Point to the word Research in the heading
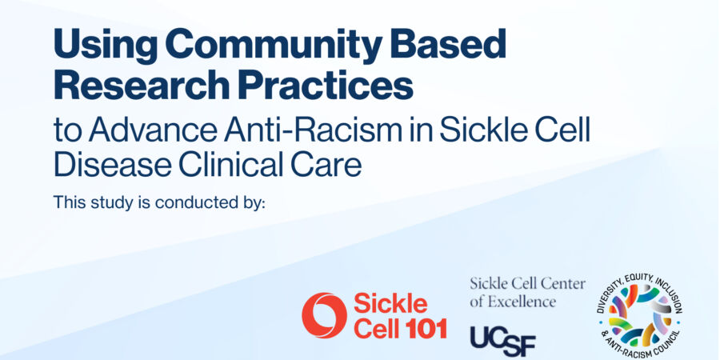point(141,85)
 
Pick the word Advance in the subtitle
point(153,131)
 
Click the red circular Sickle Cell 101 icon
point(324,315)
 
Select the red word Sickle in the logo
point(390,304)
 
